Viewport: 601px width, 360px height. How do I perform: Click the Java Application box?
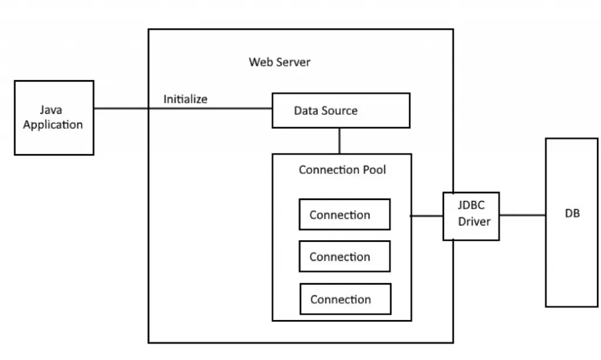point(54,117)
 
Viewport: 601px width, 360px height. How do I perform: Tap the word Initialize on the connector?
point(185,99)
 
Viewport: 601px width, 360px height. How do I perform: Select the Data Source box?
point(340,110)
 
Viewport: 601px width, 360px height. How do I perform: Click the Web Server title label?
point(279,62)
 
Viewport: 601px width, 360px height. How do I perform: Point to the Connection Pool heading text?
point(342,170)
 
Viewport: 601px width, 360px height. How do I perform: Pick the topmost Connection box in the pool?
point(345,214)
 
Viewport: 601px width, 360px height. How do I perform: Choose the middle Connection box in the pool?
point(345,257)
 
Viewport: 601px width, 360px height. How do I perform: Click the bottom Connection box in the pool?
point(345,299)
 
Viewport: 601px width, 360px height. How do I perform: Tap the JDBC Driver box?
point(471,216)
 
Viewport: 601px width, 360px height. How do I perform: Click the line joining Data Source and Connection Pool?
point(340,140)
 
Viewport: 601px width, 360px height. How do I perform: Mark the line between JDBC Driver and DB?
point(522,216)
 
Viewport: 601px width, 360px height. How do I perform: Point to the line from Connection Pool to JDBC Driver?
point(427,216)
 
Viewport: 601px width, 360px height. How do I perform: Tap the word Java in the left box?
point(51,110)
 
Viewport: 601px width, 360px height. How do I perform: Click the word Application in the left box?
point(53,125)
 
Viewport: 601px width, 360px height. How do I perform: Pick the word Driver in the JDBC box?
point(474,222)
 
